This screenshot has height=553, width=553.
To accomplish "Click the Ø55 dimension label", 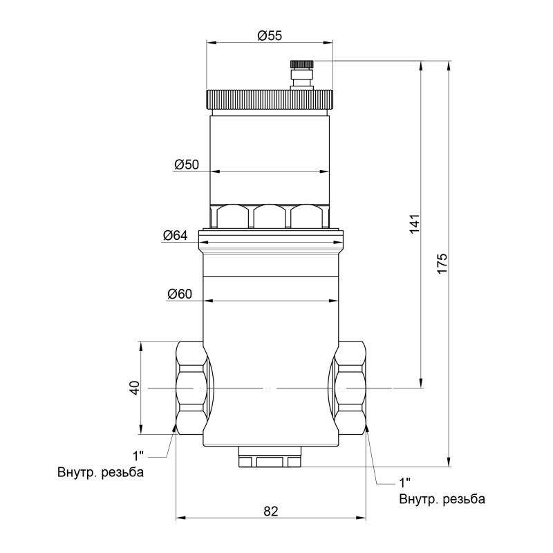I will coord(270,37).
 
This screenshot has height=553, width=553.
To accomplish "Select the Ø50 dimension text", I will coord(187,165).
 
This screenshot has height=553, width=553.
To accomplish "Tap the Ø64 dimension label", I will coord(176,235).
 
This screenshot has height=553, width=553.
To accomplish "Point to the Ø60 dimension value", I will coord(179,294).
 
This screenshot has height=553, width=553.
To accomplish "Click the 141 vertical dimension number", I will coord(415,225).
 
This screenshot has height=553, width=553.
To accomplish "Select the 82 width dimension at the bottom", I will coord(270,512).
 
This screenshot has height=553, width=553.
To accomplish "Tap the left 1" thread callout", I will coord(139,456).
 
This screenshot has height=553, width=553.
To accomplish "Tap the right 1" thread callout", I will coord(405,482).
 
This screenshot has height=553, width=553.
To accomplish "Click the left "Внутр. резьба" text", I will coord(101,474).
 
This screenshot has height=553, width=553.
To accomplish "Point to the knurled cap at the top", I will coord(270,100).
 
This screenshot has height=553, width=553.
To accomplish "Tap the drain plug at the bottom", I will coord(270,457).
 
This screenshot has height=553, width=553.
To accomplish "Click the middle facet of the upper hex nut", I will coord(270,216).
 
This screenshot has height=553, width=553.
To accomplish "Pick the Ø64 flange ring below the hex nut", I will coord(270,240).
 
